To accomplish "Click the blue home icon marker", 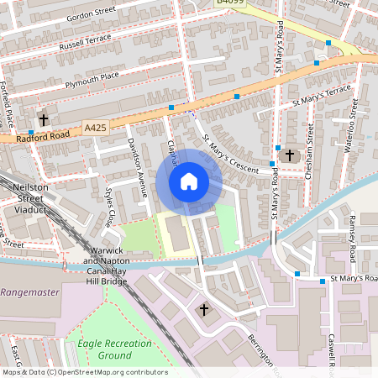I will pyautogui.click(x=189, y=181).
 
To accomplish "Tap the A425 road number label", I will pyautogui.click(x=96, y=127).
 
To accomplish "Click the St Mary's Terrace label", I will pyautogui.click(x=322, y=95).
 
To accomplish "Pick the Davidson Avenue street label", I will pyautogui.click(x=137, y=162).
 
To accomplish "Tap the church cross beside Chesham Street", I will pyautogui.click(x=290, y=155).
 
